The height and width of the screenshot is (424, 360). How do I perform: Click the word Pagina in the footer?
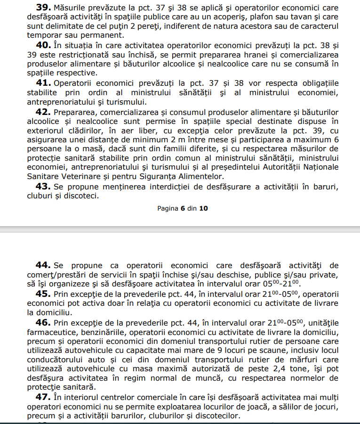pyautogui.click(x=168, y=208)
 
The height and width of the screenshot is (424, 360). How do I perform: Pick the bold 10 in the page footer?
pyautogui.click(x=203, y=208)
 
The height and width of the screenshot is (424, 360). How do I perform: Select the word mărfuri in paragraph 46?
pyautogui.click(x=300, y=359)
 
